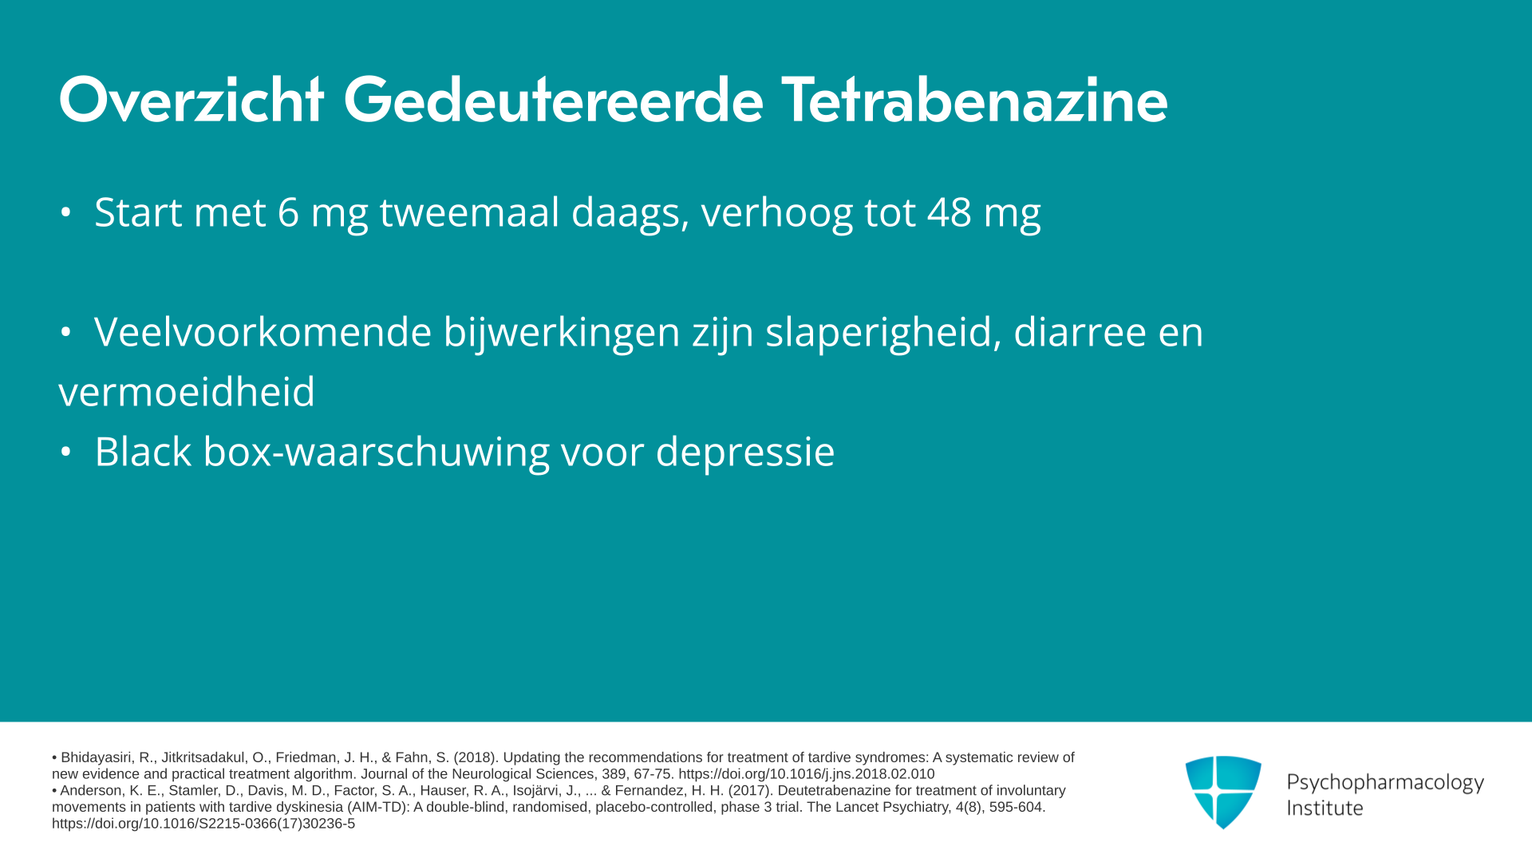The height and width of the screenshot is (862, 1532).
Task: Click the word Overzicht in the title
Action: [x=191, y=101]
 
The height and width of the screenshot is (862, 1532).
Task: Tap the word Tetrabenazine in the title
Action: [x=974, y=101]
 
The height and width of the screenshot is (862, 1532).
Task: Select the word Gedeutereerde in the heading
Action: [x=553, y=101]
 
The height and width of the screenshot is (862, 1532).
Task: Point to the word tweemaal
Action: [x=469, y=212]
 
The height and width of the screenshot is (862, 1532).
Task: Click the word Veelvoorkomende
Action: [x=263, y=332]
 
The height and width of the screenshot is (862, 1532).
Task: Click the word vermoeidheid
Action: [x=187, y=392]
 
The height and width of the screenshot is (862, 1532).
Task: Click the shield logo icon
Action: [x=1223, y=793]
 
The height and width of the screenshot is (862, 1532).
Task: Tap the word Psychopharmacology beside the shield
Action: [x=1385, y=782]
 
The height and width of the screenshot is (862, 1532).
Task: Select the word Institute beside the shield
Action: [x=1325, y=809]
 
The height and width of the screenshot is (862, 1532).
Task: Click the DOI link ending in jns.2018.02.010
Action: [x=807, y=774]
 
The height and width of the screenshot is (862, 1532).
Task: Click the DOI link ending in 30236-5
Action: [x=203, y=824]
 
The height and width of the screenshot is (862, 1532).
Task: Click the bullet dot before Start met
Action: [x=66, y=213]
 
